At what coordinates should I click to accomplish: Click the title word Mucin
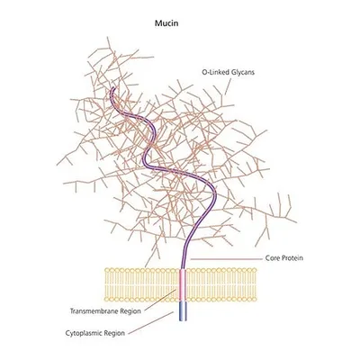click(166, 23)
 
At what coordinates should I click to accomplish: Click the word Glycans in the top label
click(243, 73)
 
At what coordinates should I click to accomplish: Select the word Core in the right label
click(272, 258)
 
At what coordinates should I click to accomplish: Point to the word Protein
click(292, 258)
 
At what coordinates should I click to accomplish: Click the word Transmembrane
click(94, 311)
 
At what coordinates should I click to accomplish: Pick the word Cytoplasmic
click(83, 333)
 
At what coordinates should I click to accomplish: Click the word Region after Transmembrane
click(130, 311)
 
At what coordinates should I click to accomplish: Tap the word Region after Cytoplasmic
click(113, 334)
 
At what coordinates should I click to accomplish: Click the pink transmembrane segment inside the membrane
click(183, 285)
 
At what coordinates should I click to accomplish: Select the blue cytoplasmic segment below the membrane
click(183, 311)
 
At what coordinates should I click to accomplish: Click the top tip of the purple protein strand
click(112, 88)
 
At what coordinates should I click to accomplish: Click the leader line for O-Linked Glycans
click(228, 86)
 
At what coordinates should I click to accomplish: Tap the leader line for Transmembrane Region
click(160, 301)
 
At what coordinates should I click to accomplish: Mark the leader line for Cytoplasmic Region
click(151, 322)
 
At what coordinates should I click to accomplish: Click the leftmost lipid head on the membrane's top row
click(107, 270)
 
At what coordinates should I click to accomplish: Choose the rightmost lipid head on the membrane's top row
click(255, 270)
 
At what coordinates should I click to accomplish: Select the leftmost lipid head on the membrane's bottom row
click(107, 299)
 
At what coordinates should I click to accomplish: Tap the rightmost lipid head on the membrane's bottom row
click(255, 299)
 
